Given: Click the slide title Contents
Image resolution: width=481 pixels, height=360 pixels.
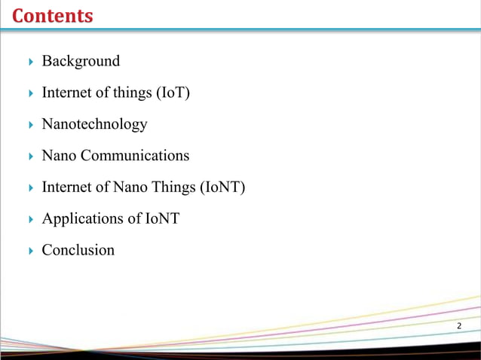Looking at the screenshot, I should click(53, 15).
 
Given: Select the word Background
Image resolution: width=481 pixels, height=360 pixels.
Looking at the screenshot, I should click(81, 61).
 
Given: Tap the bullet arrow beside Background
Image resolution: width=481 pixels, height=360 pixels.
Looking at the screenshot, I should click(30, 62).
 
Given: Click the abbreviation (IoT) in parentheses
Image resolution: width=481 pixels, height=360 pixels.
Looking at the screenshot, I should click(173, 93).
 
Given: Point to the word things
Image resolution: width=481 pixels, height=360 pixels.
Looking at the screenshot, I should click(130, 93).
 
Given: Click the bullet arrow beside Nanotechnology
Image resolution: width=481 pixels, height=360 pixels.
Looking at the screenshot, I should click(30, 125).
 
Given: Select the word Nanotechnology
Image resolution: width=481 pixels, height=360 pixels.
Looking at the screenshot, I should click(94, 124).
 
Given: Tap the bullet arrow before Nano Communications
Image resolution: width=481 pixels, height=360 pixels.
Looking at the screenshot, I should click(30, 157).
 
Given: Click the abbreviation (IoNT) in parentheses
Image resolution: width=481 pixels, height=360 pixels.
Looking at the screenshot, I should click(223, 188).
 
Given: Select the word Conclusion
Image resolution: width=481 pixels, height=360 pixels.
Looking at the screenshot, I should click(78, 250).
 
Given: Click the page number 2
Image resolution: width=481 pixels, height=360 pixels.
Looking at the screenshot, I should click(459, 325).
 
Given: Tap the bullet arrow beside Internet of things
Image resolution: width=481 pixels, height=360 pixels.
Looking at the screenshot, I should click(30, 93).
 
